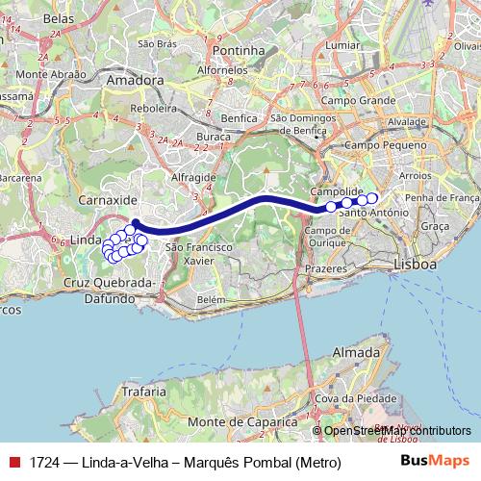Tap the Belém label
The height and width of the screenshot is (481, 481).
pyautogui.click(x=210, y=300)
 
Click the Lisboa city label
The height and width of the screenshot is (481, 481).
pyautogui.click(x=417, y=264)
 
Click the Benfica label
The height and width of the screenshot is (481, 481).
pyautogui.click(x=237, y=117)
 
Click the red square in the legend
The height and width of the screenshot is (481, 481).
pyautogui.click(x=13, y=463)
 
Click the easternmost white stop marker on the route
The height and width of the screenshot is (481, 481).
pyautogui.click(x=372, y=198)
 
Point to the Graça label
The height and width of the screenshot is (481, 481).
pyautogui.click(x=436, y=225)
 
